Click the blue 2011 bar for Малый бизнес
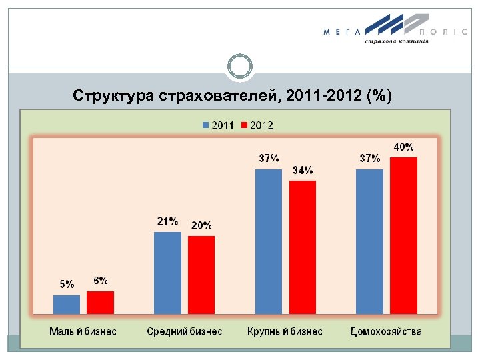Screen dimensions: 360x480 point(67,304)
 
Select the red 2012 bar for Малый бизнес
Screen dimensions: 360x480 point(100,302)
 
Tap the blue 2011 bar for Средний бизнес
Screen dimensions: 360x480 point(167,273)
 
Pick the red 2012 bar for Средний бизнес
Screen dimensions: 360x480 point(201,275)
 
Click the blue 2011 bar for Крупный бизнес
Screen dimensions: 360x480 point(269,241)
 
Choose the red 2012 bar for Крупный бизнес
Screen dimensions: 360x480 point(303,247)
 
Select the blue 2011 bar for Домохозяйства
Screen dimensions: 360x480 point(370,241)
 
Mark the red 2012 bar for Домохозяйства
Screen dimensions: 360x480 point(403,235)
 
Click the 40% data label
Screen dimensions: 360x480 point(403,147)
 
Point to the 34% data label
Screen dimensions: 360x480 point(303,171)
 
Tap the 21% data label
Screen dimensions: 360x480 point(167,221)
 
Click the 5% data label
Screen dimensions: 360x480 point(67,284)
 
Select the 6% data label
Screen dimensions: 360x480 point(101,280)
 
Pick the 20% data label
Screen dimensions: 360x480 point(201,226)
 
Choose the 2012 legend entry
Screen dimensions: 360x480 point(257,125)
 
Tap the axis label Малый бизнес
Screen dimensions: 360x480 point(83,331)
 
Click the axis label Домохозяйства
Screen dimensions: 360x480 point(386,331)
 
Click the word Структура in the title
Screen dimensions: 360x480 point(114,97)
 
